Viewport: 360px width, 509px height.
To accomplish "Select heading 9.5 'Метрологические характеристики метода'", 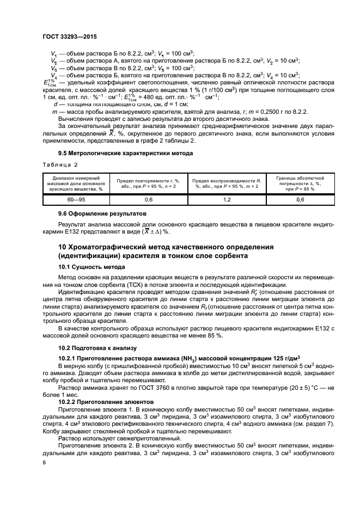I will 125,153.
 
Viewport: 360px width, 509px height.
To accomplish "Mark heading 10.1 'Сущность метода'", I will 91,267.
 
